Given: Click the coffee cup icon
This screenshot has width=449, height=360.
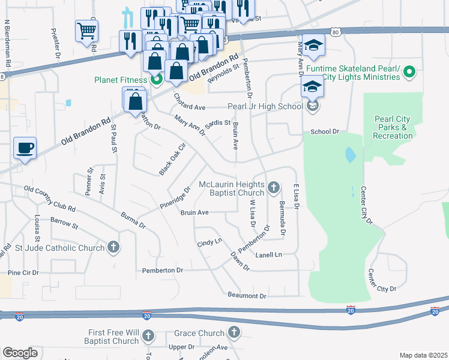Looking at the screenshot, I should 25,148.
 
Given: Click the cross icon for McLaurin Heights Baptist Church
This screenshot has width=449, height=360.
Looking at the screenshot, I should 273,188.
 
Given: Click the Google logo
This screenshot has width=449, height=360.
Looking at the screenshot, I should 20,353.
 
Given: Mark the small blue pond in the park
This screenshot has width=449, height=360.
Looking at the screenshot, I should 349,155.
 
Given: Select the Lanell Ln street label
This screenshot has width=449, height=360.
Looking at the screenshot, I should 268,254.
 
